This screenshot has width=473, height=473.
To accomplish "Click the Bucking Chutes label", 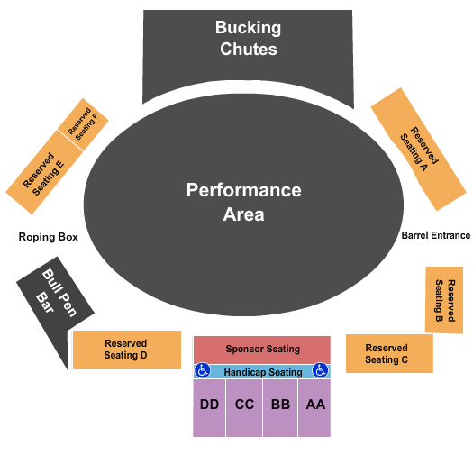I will pos(247,39).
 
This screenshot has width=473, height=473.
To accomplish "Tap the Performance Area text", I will pos(243,202).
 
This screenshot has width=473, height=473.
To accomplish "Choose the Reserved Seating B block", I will pos(444,300).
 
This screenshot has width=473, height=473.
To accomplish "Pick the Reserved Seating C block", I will pos(388,353).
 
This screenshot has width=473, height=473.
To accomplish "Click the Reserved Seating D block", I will pos(126,350).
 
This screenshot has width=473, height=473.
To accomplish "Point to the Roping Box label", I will pos(49,237).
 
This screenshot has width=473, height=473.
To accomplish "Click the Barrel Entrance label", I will pos(435,235).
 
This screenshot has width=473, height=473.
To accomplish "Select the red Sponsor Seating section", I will pos(262,350).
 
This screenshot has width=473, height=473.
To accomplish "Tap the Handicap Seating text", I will pos(262,372).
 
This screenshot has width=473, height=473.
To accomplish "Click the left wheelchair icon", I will pos(203,370).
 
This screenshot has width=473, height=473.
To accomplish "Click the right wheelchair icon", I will pos(320,370).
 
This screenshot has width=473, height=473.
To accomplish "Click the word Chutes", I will pos(248,49).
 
